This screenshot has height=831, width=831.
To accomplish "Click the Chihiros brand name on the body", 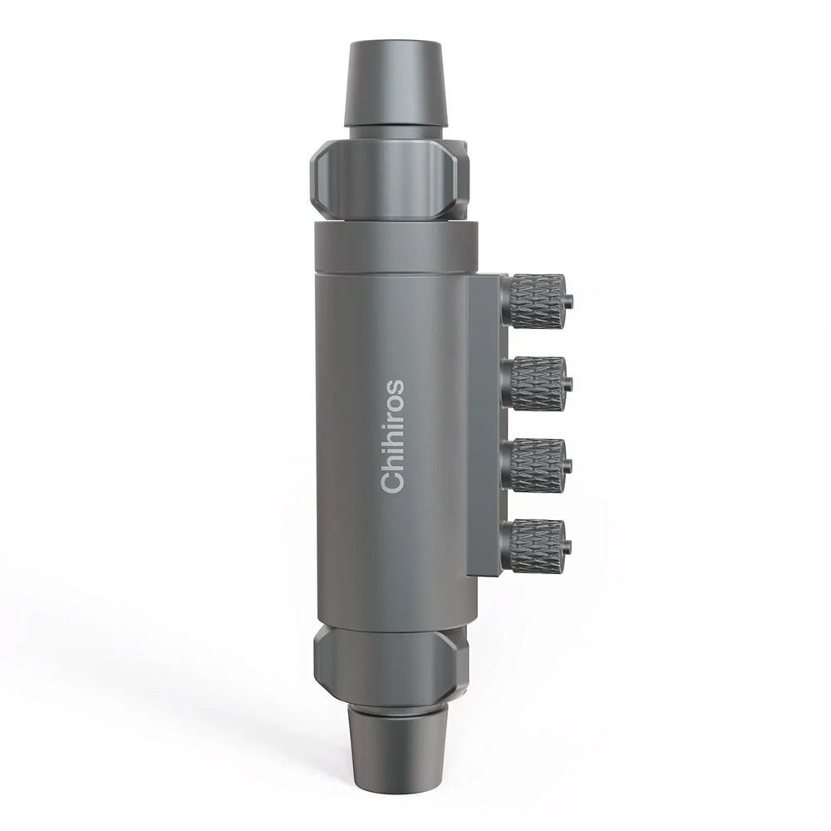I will click(x=393, y=436).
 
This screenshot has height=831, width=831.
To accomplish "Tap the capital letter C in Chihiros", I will click(x=393, y=482).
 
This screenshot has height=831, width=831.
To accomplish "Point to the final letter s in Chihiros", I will click(x=395, y=387).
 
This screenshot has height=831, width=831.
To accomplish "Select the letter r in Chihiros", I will click(x=395, y=413).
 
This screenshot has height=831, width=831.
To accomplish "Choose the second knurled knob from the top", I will click(x=536, y=383).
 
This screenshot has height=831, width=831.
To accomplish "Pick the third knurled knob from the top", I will click(x=536, y=465).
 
